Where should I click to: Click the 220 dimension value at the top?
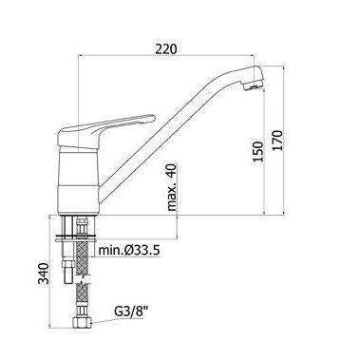166,48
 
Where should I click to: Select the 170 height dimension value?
277,141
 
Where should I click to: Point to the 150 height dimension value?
258,151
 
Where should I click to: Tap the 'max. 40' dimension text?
172,187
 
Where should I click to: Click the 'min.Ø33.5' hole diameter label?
129,250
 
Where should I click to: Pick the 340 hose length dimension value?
44,274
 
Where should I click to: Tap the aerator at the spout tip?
254,85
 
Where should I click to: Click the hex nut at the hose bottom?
82,323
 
